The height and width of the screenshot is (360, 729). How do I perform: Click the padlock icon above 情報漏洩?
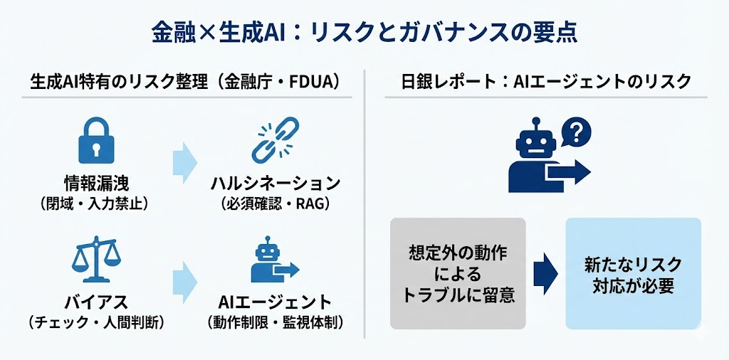96,141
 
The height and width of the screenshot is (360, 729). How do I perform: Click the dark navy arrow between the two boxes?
546,273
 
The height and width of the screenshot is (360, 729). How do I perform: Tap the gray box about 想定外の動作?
458,273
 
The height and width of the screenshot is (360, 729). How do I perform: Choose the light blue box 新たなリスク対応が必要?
633,273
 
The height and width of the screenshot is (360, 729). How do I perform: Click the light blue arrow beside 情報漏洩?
184,158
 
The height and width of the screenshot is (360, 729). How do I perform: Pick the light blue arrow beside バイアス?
184,278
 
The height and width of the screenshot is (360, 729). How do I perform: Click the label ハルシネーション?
275,183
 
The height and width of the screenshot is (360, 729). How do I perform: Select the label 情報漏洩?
96,183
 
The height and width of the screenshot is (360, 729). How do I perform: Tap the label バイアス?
96,301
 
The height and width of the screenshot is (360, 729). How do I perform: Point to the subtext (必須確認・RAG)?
275,204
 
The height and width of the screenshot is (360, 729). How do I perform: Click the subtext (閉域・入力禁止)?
96,204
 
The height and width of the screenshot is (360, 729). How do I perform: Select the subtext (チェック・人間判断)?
96,322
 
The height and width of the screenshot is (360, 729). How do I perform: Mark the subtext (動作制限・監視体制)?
275,322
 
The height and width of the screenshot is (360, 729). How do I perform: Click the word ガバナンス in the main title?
464,32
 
